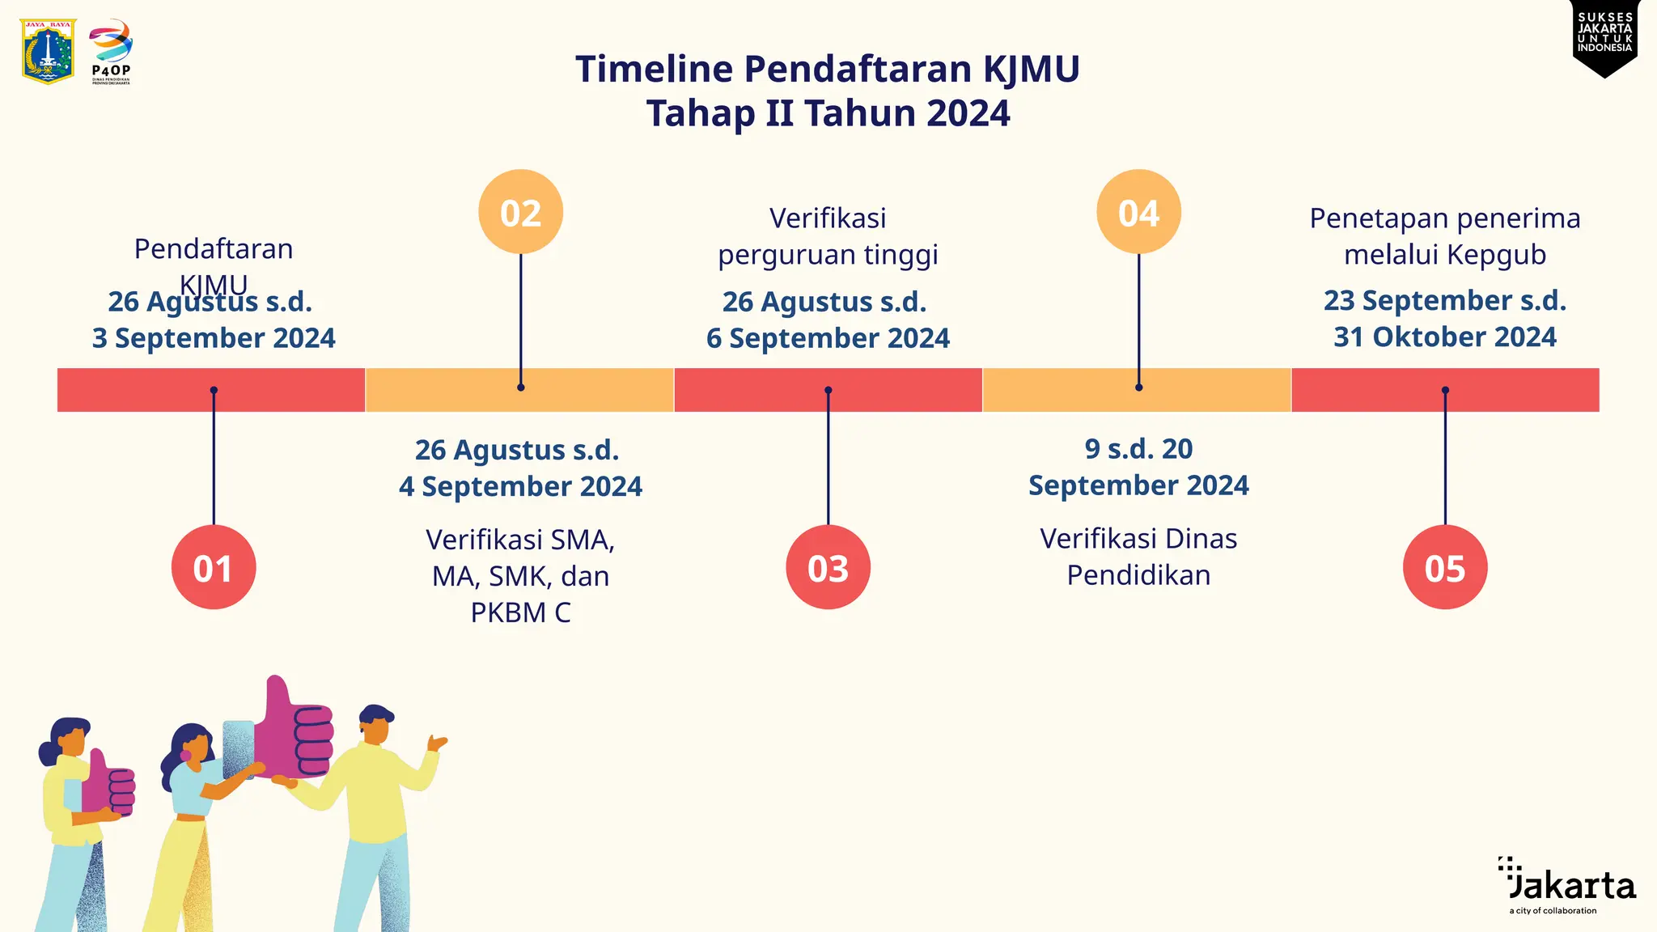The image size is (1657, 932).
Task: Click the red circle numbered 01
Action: coord(214,567)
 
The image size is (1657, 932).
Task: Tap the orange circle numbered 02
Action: coord(520,212)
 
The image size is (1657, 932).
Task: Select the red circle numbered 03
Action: coord(828,567)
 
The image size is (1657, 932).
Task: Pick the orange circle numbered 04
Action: coord(1138,212)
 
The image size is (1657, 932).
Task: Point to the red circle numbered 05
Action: coord(1445,567)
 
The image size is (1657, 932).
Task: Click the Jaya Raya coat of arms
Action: coord(49,51)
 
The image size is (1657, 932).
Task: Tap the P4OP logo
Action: coord(111,51)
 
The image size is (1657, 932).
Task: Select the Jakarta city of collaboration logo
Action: coord(1567,886)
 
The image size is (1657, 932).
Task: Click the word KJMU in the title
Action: coord(1031,70)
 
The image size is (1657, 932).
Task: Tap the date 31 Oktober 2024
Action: coord(1445,337)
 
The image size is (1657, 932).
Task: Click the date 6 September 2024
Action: coord(828,338)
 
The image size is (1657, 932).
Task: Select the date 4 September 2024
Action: coord(520,486)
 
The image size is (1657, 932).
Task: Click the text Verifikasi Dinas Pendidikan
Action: coord(1138,557)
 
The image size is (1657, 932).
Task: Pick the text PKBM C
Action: coord(520,612)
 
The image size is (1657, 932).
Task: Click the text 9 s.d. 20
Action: coord(1138,448)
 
